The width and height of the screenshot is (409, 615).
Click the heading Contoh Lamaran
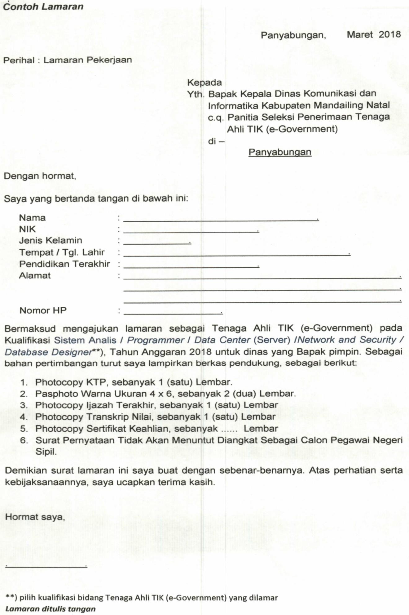pyautogui.click(x=43, y=7)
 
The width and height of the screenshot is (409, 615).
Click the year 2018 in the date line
pyautogui.click(x=389, y=34)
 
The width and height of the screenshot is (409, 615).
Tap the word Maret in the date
pyautogui.click(x=360, y=34)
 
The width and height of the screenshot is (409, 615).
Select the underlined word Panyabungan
pyautogui.click(x=280, y=152)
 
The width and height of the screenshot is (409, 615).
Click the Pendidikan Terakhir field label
pyautogui.click(x=64, y=264)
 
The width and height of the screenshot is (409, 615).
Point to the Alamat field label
pyautogui.click(x=35, y=275)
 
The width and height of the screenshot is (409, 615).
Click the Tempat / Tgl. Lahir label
pyautogui.click(x=62, y=252)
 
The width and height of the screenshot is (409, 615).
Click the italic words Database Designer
pyautogui.click(x=48, y=352)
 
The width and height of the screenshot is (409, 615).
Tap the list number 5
pyautogui.click(x=24, y=429)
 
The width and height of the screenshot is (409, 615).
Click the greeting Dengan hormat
pyautogui.click(x=40, y=176)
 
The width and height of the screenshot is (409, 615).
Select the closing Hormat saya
pyautogui.click(x=35, y=517)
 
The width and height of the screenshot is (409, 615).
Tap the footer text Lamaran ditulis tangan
pyautogui.click(x=51, y=608)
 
